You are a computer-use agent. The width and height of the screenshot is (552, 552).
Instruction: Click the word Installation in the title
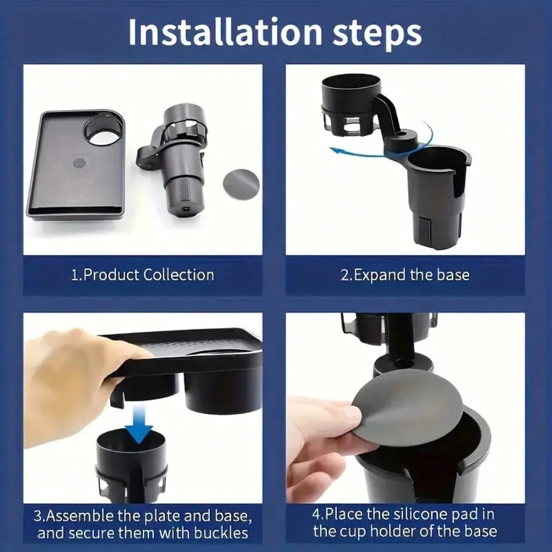225,32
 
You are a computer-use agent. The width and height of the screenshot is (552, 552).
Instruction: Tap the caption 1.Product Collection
142,275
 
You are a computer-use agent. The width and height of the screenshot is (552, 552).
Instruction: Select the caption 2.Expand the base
405,275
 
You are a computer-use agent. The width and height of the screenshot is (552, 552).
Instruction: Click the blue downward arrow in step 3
139,423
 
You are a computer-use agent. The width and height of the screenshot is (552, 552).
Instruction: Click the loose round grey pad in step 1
241,184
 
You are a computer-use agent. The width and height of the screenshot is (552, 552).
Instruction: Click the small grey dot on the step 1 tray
79,163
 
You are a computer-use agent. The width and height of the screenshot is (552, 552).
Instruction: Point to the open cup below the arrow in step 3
131,465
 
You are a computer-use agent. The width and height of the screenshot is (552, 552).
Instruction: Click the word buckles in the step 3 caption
221,532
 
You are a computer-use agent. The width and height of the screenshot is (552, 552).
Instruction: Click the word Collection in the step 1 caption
179,275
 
